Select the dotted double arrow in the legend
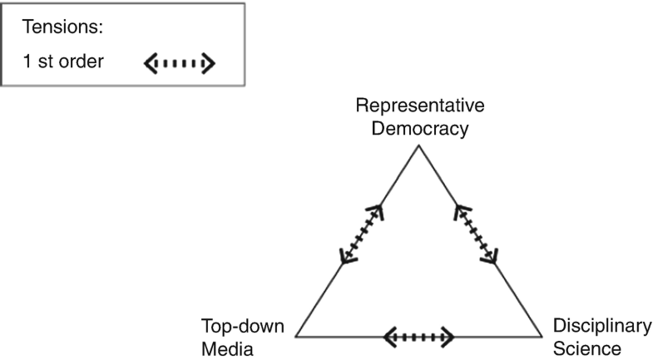click(x=181, y=62)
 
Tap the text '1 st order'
click(x=63, y=62)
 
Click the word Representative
click(x=419, y=107)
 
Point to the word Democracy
click(x=420, y=129)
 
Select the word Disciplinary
click(x=598, y=327)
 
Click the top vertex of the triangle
click(x=418, y=147)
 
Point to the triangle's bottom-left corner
click(x=296, y=337)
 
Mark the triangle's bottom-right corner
click(x=542, y=337)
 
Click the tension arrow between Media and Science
click(x=418, y=337)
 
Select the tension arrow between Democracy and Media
click(x=363, y=234)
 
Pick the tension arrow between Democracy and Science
click(x=475, y=235)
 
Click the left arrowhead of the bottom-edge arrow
click(x=389, y=337)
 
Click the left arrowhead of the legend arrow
click(x=151, y=62)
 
